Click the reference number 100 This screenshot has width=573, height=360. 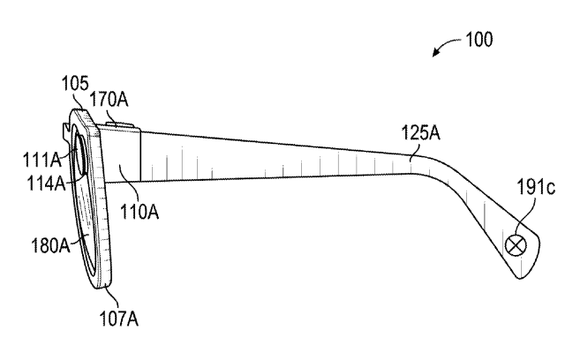(x=478, y=40)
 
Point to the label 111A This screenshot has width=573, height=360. (x=41, y=159)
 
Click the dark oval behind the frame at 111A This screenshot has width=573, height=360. (x=78, y=158)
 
